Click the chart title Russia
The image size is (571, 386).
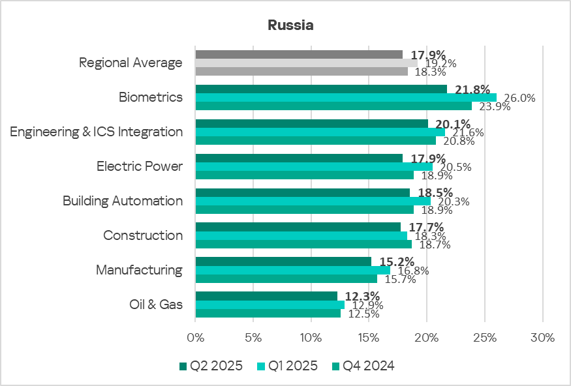tap(290, 26)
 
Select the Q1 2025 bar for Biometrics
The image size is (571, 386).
tap(346, 97)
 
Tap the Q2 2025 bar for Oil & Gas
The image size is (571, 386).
tap(266, 296)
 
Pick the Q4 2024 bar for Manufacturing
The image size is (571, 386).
tap(286, 279)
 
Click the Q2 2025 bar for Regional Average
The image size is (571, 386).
tap(299, 54)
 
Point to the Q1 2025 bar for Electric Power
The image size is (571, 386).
tap(314, 166)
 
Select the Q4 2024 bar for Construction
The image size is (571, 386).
tap(303, 245)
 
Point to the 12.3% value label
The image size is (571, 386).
tap(362, 296)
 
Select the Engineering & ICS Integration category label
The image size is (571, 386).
tap(97, 132)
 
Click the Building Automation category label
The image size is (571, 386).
tap(123, 201)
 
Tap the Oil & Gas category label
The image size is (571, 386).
tap(157, 304)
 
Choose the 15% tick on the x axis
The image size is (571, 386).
tap(369, 338)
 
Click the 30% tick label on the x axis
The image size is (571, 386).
tap(542, 338)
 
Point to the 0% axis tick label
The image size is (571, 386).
tap(195, 338)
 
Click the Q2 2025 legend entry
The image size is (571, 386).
tap(210, 366)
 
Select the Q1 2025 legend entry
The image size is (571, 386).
tap(286, 366)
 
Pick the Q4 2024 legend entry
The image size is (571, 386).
tap(363, 366)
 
